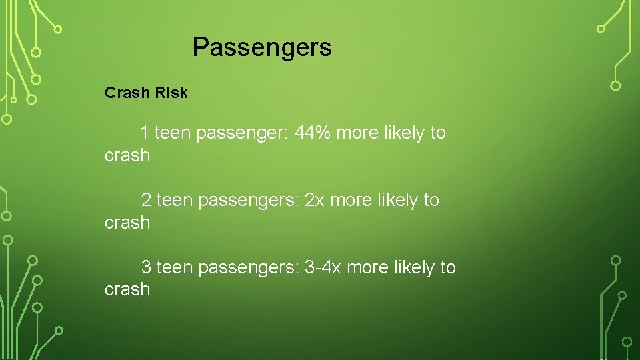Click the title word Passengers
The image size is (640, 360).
(262, 47)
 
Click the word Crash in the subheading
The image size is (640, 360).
(127, 93)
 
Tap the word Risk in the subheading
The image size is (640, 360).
(171, 93)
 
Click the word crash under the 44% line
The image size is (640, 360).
(127, 155)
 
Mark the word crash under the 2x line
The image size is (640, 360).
(127, 223)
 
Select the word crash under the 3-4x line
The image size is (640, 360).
(127, 289)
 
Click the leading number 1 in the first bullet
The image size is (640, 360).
(144, 133)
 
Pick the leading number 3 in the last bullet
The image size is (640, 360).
(146, 267)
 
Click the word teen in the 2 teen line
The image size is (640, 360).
(175, 200)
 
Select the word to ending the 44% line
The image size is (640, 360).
(438, 133)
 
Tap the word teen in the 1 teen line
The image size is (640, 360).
(173, 133)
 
